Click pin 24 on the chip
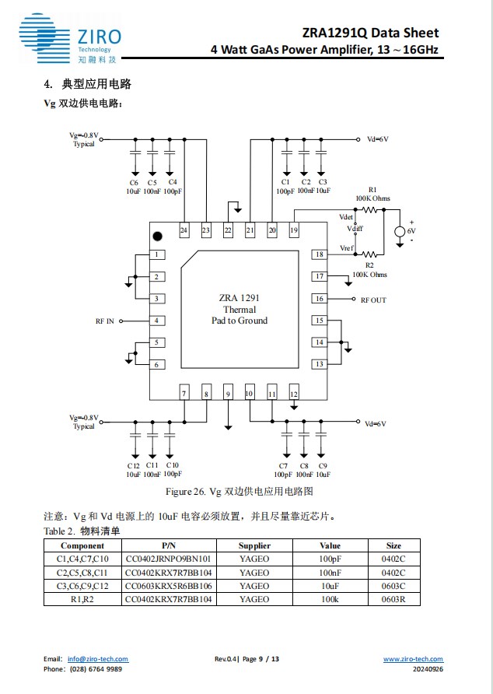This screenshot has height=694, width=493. point(184,230)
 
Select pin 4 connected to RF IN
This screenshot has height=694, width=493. point(157,321)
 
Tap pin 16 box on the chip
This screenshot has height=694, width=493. point(319,299)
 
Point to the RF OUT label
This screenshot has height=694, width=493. point(373,300)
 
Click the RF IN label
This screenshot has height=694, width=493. point(104,321)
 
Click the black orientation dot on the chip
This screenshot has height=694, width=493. point(158,236)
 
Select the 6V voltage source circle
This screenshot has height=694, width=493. point(400,231)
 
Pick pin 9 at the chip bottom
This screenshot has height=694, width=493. point(229,394)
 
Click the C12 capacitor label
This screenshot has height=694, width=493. point(134,465)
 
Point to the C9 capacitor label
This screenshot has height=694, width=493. point(323,465)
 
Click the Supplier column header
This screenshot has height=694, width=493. point(254,545)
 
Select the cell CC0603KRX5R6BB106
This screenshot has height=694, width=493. point(169,586)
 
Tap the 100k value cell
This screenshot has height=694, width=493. point(330,599)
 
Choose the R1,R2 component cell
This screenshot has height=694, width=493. point(82,599)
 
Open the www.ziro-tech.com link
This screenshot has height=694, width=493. point(413,659)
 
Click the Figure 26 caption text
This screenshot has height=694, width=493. point(239,492)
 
